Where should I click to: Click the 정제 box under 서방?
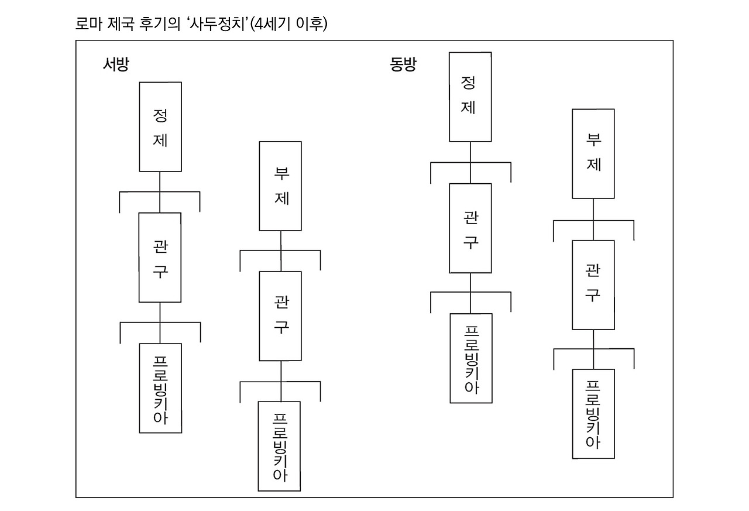pyautogui.click(x=160, y=126)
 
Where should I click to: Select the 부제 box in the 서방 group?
pyautogui.click(x=280, y=186)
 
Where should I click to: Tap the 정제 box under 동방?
pyautogui.click(x=470, y=97)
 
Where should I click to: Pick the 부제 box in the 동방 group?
pyautogui.click(x=593, y=153)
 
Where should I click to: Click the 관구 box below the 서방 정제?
pyautogui.click(x=160, y=257)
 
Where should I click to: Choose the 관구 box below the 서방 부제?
pyautogui.click(x=280, y=315)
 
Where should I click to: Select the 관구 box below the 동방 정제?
pyautogui.click(x=470, y=228)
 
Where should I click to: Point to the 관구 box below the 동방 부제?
pyautogui.click(x=593, y=284)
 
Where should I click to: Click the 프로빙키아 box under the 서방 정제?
pyautogui.click(x=160, y=387)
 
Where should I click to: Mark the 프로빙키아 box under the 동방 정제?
pyautogui.click(x=470, y=358)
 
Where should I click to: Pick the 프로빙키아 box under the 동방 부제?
pyautogui.click(x=593, y=414)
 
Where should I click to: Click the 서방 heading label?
pyautogui.click(x=115, y=64)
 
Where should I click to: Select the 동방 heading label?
pyautogui.click(x=403, y=64)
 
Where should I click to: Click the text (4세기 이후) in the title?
pyautogui.click(x=288, y=25)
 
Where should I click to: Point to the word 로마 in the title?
pyautogui.click(x=88, y=25)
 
